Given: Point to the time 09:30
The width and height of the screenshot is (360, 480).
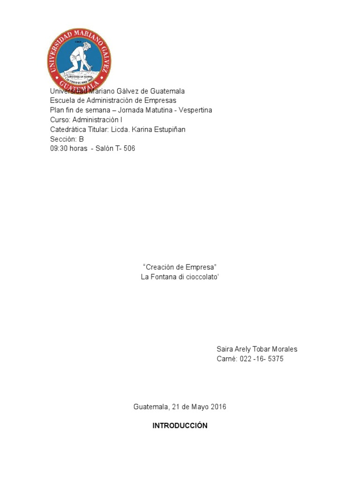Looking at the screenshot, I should [59, 149].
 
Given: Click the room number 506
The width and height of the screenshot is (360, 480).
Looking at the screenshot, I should [129, 149].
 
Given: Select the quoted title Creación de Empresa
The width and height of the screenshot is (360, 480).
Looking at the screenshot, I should [180, 267].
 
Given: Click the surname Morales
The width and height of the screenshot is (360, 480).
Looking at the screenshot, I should [283, 349].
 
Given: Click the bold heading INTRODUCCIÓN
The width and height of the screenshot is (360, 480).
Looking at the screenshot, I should [180, 426].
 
